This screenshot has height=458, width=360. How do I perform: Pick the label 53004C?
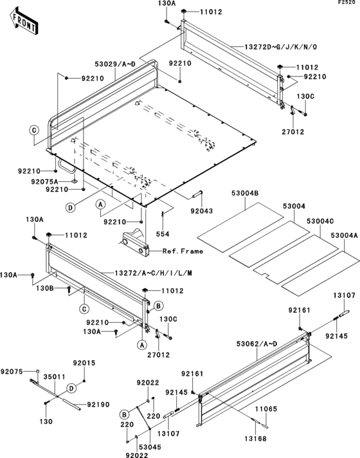click(319, 221)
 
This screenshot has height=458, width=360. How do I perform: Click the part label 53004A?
click(343, 235)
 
